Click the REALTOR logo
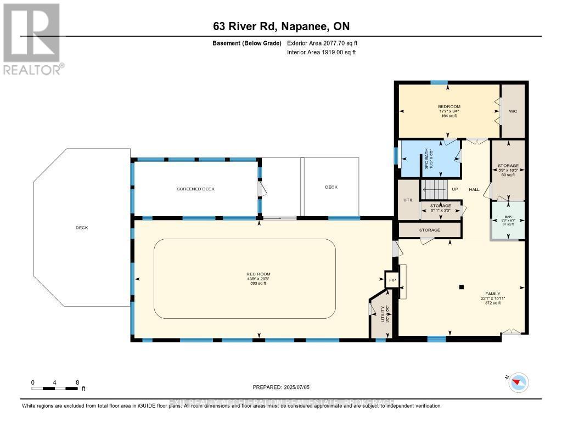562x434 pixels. point(32,39)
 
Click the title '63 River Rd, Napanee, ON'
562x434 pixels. point(280,26)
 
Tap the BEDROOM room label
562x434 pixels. point(449,106)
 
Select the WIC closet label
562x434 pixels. point(513,111)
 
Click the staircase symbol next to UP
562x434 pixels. point(434,190)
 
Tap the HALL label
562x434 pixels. point(474,190)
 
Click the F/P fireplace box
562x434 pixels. point(392,280)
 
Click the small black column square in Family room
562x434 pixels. point(461,286)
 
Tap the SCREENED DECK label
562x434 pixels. point(195,189)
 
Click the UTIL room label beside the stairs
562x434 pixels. point(408,200)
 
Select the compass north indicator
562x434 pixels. point(519,382)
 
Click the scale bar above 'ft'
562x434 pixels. point(55,388)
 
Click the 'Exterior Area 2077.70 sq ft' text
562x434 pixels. point(322,43)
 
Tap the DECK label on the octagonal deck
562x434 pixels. point(82,228)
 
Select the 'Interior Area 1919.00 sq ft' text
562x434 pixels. point(321,52)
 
